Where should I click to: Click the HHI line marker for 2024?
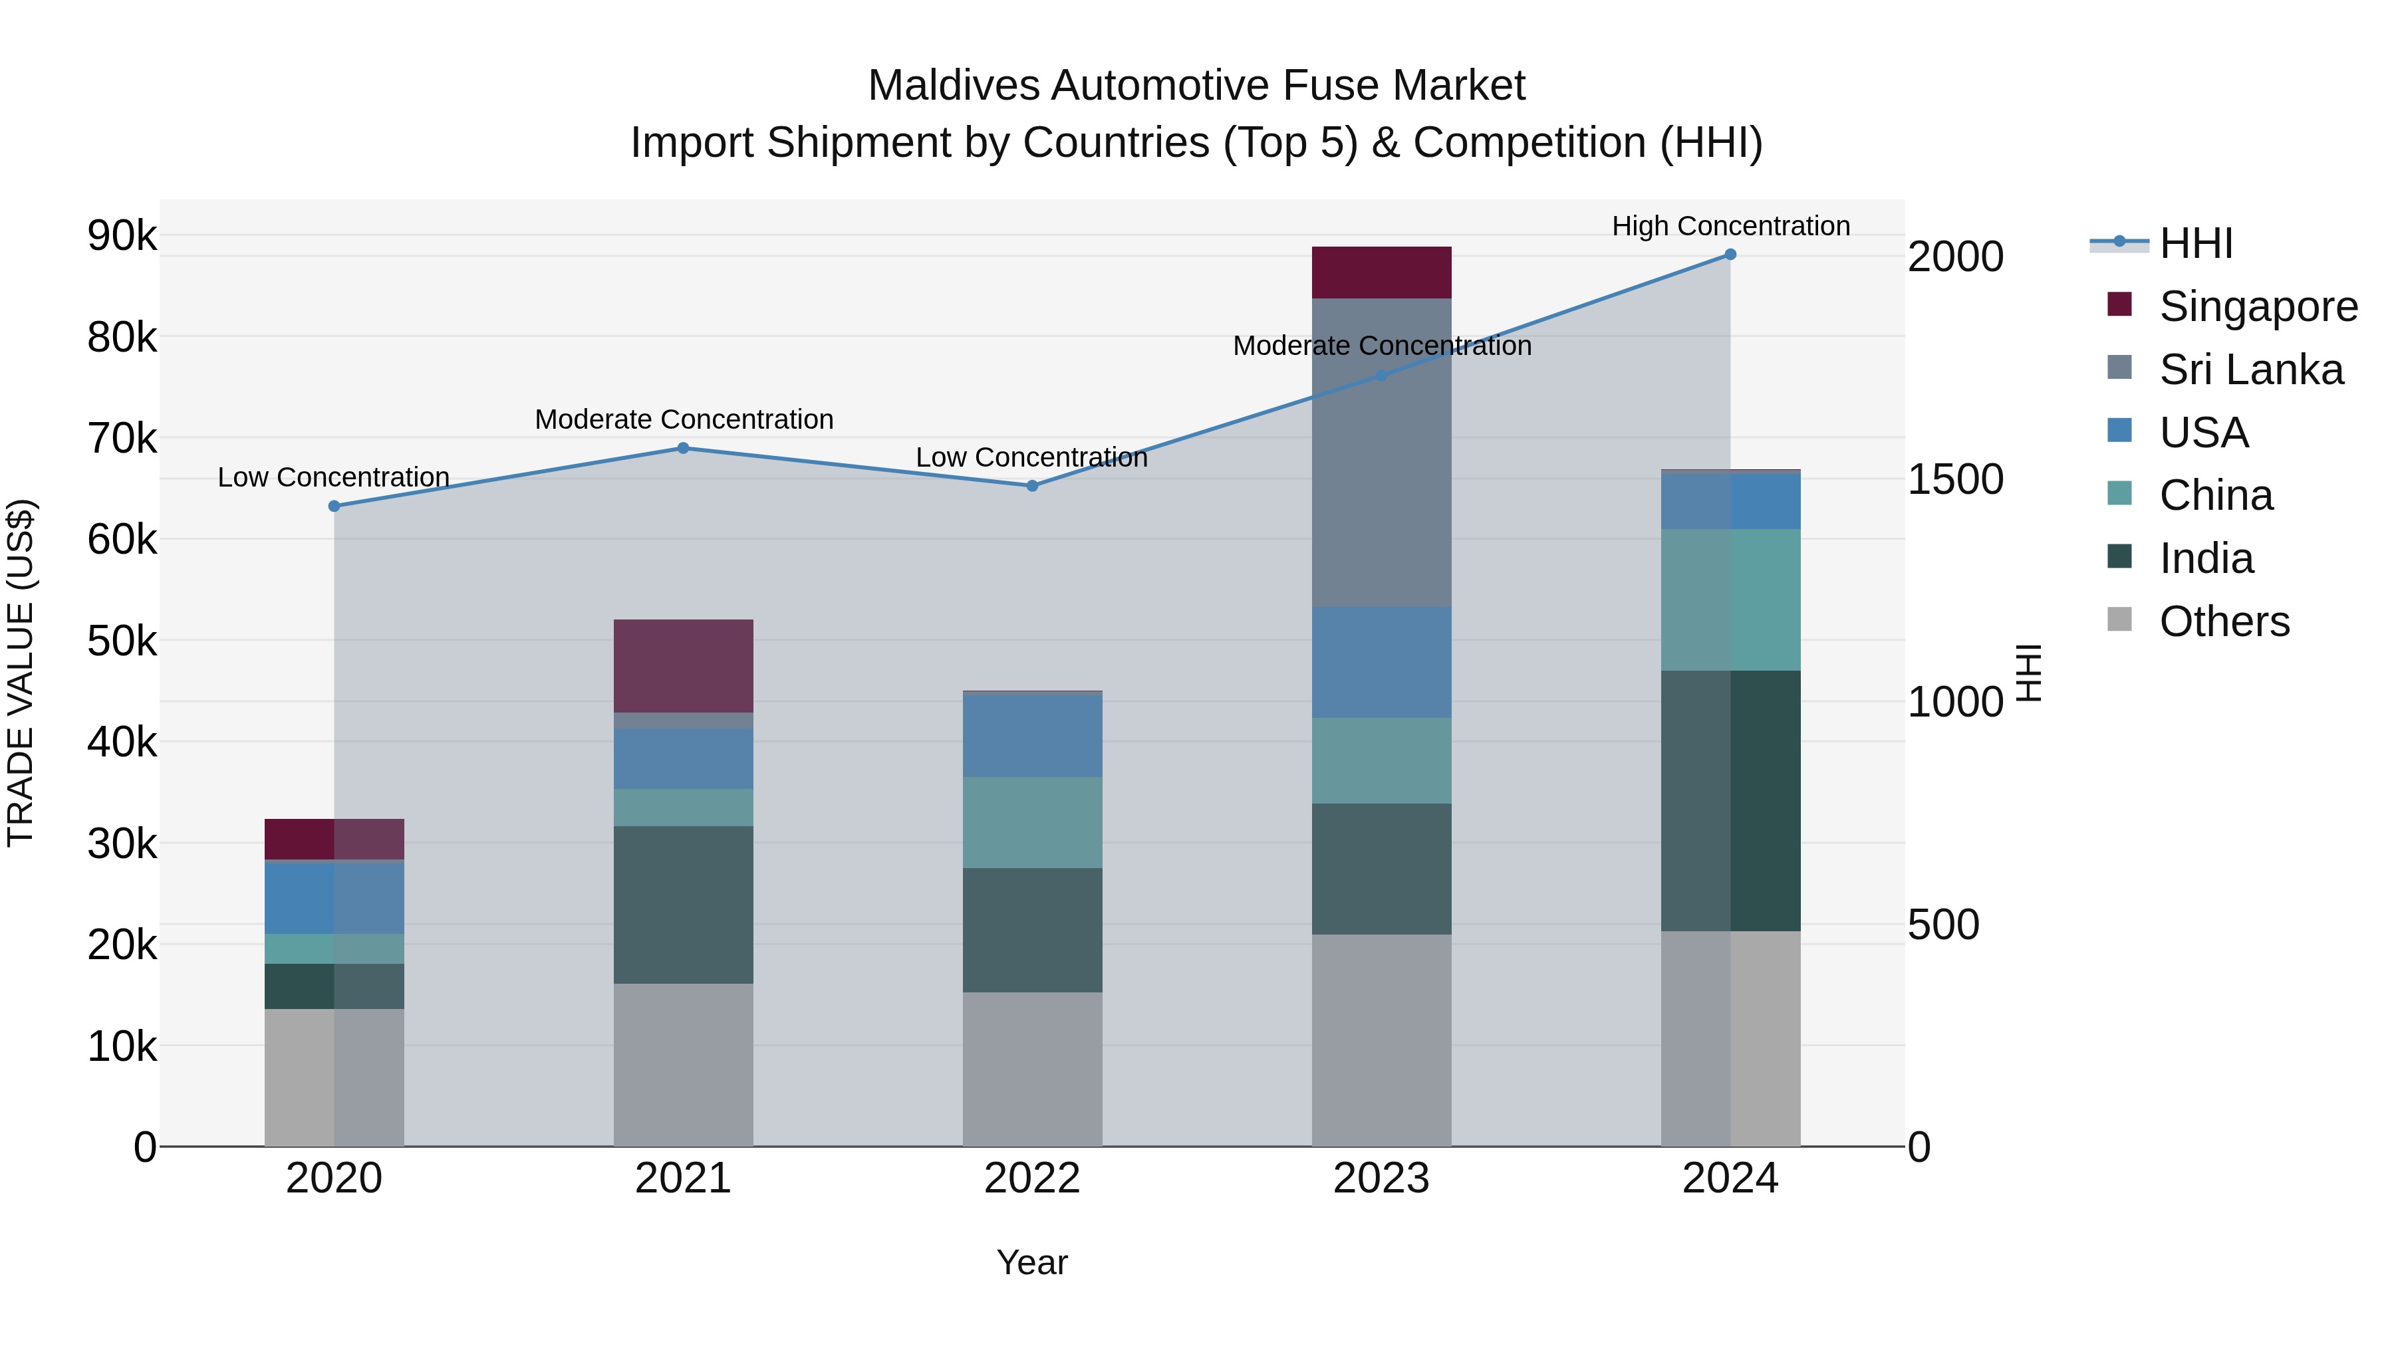(1730, 255)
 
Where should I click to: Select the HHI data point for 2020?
(334, 506)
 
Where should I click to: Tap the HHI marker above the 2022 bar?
(1031, 486)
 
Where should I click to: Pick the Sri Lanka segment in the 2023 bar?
(1381, 453)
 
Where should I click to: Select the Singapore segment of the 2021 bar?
(683, 666)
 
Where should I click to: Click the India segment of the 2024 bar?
(1730, 801)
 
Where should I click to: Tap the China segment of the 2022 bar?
(1031, 822)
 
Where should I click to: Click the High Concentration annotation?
(1730, 226)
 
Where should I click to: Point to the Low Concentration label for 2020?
(334, 477)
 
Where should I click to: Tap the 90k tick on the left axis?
(122, 236)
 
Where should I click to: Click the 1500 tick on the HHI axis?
(1954, 479)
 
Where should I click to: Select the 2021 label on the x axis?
(683, 1178)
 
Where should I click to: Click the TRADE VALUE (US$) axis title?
(21, 673)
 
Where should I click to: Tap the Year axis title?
(1031, 1262)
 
